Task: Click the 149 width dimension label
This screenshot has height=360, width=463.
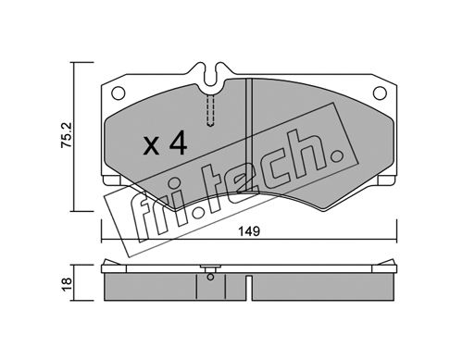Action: point(250,231)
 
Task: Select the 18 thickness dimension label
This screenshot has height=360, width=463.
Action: point(67,283)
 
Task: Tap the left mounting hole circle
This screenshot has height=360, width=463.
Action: point(118,93)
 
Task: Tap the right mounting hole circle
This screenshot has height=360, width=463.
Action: point(380,93)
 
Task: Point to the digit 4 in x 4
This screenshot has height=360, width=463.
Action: point(178,143)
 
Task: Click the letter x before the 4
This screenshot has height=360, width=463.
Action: point(151,146)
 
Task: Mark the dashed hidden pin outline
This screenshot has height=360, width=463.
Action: point(210,110)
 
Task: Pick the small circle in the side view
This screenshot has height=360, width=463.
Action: point(210,277)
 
